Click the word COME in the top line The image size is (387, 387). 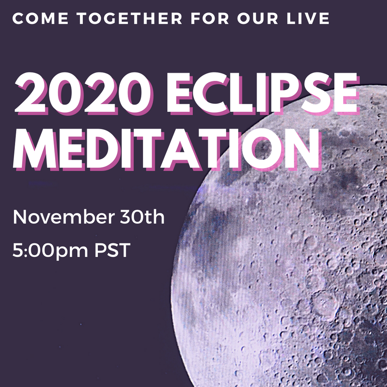tap(40, 18)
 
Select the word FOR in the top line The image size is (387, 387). tap(210, 18)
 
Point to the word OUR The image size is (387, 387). tap(258, 18)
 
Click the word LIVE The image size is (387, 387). tap(308, 18)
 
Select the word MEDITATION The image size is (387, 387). tap(168, 150)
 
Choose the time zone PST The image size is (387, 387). tap(112, 250)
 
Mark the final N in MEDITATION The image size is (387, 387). tap(302, 150)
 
